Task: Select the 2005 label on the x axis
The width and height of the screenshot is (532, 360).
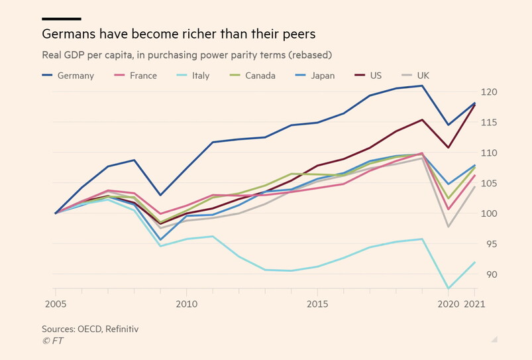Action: (x=56, y=305)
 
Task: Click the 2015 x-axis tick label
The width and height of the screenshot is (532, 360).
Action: (x=317, y=305)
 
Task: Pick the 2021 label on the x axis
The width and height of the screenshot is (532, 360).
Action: (x=474, y=305)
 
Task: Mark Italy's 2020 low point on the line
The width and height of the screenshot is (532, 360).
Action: (x=449, y=288)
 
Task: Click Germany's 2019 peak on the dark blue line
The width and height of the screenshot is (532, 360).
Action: (x=422, y=86)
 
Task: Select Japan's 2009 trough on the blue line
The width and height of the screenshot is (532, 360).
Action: (x=160, y=239)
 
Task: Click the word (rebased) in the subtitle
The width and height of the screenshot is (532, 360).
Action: (x=311, y=54)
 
